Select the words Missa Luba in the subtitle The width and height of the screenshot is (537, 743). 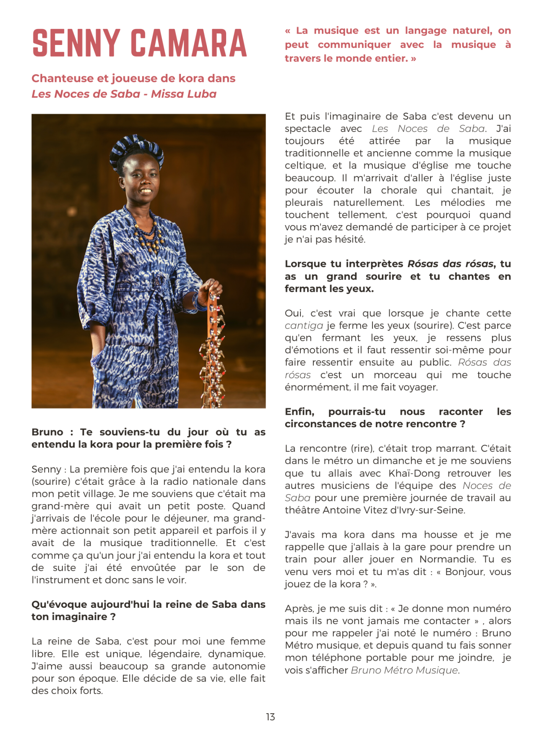(184, 94)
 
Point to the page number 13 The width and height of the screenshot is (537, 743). (270, 717)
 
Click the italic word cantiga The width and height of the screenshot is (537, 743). (304, 326)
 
